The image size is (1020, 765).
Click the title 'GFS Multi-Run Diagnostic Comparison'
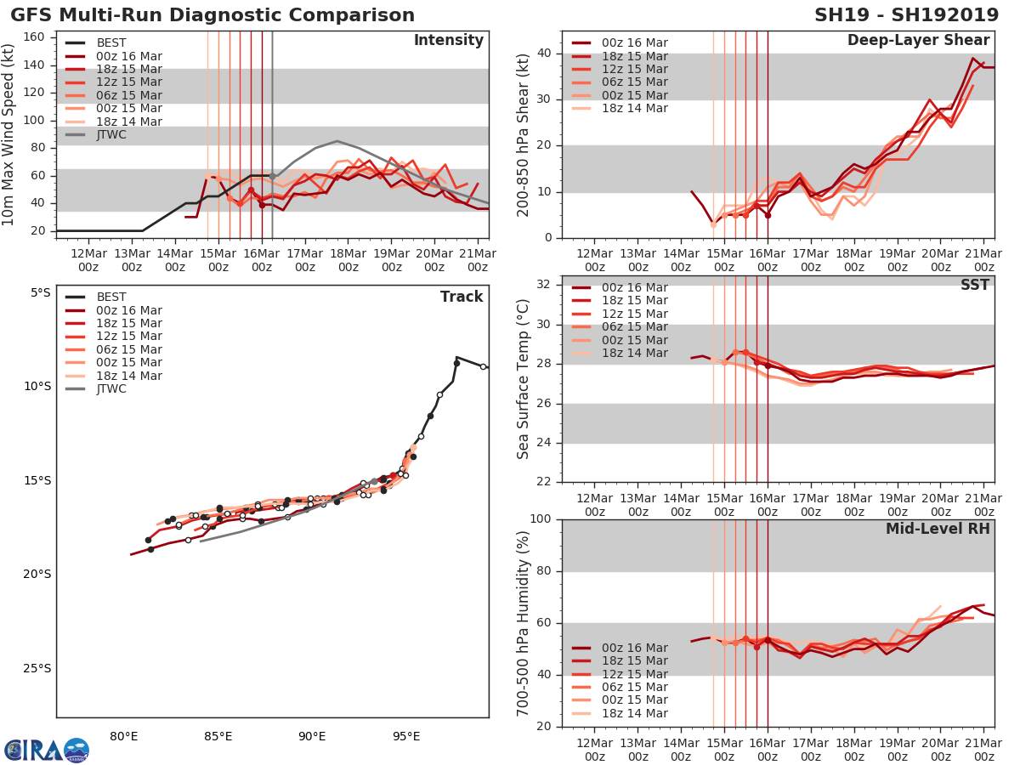(212, 15)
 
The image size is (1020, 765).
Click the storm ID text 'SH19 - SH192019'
(907, 15)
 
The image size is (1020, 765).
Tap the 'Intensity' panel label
(448, 41)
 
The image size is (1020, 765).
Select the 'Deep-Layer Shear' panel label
(918, 41)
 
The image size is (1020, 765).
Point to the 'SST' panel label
(974, 286)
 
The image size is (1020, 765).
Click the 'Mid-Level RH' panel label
(938, 529)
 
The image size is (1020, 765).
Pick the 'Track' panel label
(462, 297)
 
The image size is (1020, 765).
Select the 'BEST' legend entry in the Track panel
(111, 297)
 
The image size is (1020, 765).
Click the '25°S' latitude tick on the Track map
(36, 668)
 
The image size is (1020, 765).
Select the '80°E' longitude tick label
(124, 736)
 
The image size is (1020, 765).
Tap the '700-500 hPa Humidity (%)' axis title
(523, 623)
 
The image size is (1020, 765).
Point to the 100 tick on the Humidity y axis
(539, 519)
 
